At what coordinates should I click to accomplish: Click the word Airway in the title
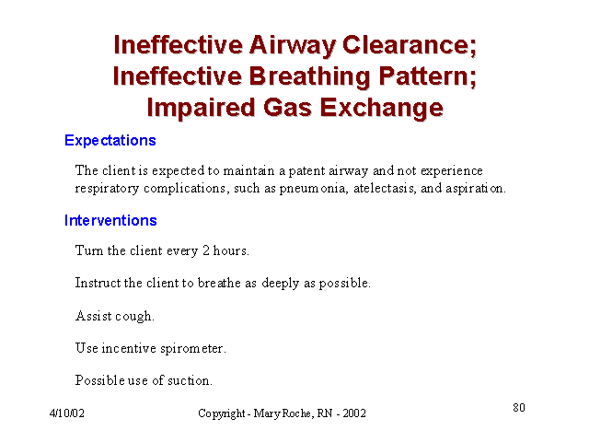(292, 46)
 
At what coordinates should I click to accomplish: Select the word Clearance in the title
(409, 45)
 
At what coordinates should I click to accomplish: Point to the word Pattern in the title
(427, 76)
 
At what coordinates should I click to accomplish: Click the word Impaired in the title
(201, 109)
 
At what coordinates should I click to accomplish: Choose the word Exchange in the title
(382, 109)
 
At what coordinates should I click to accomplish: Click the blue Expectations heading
(110, 141)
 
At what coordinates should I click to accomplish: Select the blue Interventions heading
(110, 220)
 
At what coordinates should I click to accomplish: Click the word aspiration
(476, 188)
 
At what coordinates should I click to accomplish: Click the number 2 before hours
(206, 250)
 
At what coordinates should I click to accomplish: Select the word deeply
(280, 283)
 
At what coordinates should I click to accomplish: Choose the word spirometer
(193, 349)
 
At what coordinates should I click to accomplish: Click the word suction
(190, 380)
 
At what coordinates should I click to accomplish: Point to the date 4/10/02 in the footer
(67, 413)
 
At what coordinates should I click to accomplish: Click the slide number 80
(519, 407)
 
